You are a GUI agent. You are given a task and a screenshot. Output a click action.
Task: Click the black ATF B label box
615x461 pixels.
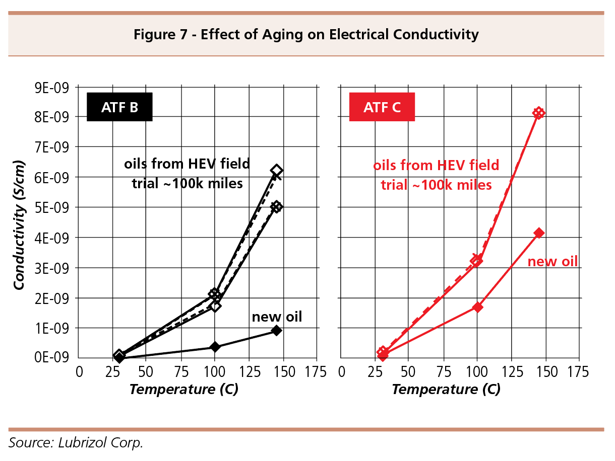point(119,107)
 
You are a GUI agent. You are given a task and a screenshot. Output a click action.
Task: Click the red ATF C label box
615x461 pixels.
point(382,107)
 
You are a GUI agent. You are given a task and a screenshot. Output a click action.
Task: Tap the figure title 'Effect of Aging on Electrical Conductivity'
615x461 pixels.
point(305,35)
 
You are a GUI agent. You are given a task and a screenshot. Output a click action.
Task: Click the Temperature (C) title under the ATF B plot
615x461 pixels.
point(183,390)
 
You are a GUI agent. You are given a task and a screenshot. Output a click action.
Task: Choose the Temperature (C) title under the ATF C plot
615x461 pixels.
point(446,390)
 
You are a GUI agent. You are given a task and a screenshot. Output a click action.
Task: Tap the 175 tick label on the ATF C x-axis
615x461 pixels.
point(577,373)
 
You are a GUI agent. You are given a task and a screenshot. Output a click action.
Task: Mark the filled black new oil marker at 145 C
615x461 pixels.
point(276,331)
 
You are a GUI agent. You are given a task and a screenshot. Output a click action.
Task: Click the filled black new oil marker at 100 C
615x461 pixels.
point(215,347)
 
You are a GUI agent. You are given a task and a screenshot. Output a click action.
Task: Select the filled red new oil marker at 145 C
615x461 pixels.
point(539,233)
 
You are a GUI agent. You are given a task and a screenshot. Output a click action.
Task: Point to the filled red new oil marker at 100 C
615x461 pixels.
point(477,307)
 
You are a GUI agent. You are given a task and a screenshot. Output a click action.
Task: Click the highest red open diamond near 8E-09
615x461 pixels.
point(539,113)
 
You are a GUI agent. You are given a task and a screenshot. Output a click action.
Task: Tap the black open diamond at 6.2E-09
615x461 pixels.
point(276,171)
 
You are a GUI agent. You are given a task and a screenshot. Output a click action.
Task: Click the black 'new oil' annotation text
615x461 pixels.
point(277,317)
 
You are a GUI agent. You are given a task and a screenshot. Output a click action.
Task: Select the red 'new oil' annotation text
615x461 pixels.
point(552,262)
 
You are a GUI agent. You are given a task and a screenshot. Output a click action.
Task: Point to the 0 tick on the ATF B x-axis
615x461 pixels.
point(79,373)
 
